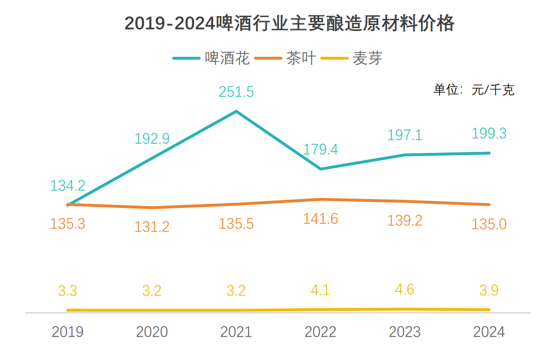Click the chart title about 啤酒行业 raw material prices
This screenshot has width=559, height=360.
pos(289,23)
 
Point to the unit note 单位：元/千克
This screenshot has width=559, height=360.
pos(474,89)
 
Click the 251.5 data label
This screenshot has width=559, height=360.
pos(236,92)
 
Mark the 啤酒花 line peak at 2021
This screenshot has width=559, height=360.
pos(236,111)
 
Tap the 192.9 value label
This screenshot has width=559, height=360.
pos(152,139)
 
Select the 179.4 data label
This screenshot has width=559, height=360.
pos(320,149)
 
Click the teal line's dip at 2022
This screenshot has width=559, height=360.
pos(320,169)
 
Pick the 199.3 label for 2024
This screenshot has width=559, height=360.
pos(489,133)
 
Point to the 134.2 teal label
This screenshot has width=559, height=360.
pos(68,186)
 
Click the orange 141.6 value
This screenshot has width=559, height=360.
pos(320,219)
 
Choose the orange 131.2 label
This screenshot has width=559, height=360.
pos(152,227)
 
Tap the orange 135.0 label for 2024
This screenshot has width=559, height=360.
pos(489,224)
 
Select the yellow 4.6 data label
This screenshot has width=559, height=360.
pos(405,289)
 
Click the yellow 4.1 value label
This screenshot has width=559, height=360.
pos(320,290)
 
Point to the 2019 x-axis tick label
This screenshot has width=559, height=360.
pos(68,332)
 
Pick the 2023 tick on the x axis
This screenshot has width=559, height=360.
pos(405,332)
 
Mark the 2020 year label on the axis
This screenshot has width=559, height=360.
pos(152,332)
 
